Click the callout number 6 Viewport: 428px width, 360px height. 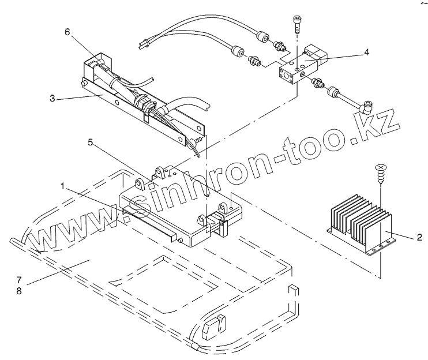[67, 32]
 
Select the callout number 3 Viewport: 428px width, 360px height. [52, 99]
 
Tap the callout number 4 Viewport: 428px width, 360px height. [367, 51]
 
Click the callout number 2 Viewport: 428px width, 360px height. [419, 237]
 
